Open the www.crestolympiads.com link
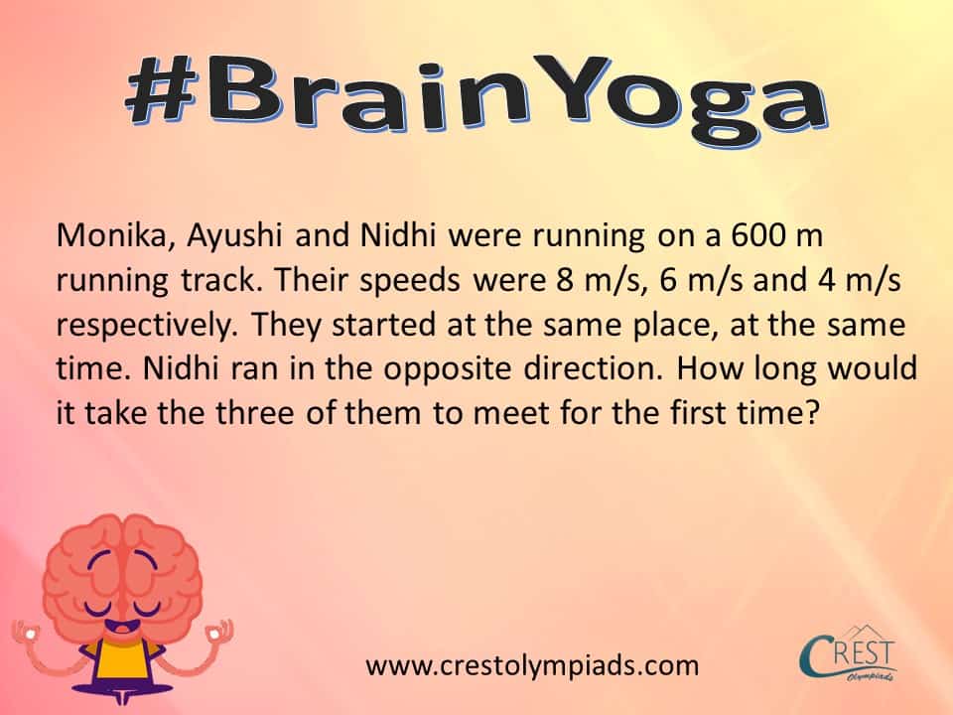coord(532,665)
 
